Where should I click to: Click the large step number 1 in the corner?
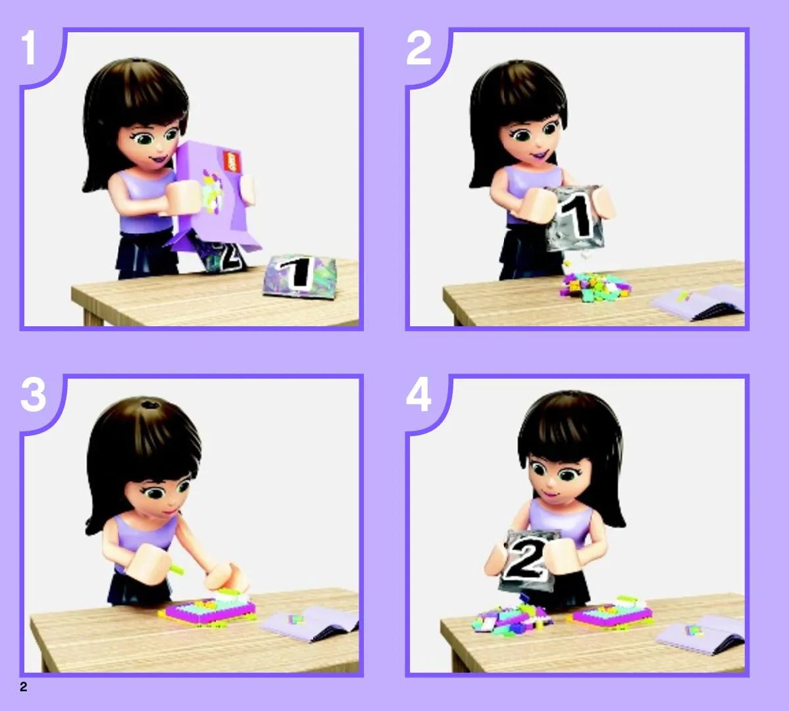(29, 48)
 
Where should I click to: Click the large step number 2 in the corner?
(419, 48)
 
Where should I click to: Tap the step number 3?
(33, 395)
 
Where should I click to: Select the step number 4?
(419, 395)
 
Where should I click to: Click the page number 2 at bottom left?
(23, 687)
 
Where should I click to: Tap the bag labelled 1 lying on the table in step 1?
(297, 275)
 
